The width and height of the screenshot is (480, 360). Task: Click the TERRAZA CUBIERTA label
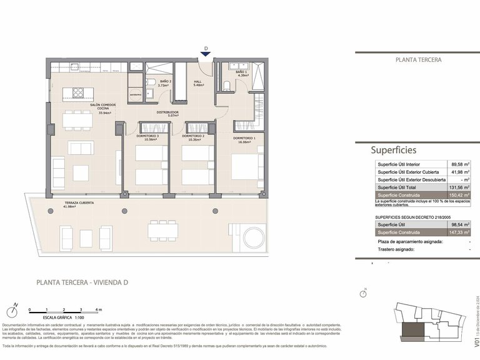(x=79, y=204)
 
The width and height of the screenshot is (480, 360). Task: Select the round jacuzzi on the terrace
(x=254, y=237)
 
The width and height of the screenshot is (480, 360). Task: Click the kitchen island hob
(x=79, y=93)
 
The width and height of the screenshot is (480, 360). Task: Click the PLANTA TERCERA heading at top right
(x=419, y=60)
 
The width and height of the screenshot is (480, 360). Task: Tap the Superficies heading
(x=393, y=150)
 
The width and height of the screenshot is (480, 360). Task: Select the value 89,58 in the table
(x=459, y=164)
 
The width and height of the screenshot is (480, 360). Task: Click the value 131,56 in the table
(x=459, y=187)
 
